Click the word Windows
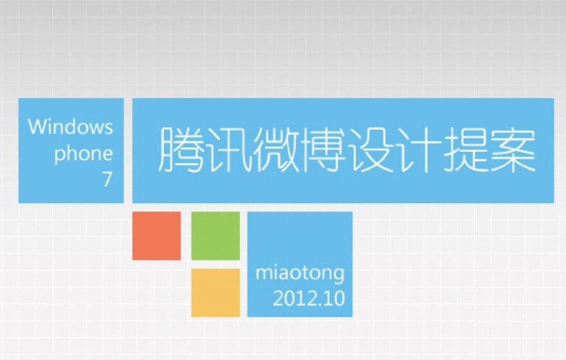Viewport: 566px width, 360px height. pos(70,127)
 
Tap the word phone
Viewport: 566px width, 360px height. pos(84,154)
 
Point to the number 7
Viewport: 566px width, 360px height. pos(107,179)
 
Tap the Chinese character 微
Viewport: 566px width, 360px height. pos(276,150)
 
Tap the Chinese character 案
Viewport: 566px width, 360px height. pos(513,150)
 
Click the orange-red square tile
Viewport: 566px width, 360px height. pos(157,236)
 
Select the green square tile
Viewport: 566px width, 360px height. pos(215,236)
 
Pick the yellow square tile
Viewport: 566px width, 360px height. pos(215,292)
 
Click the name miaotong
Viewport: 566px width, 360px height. pos(300,273)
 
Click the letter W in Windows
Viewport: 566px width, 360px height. pos(37,127)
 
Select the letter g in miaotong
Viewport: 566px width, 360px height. pos(340,276)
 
